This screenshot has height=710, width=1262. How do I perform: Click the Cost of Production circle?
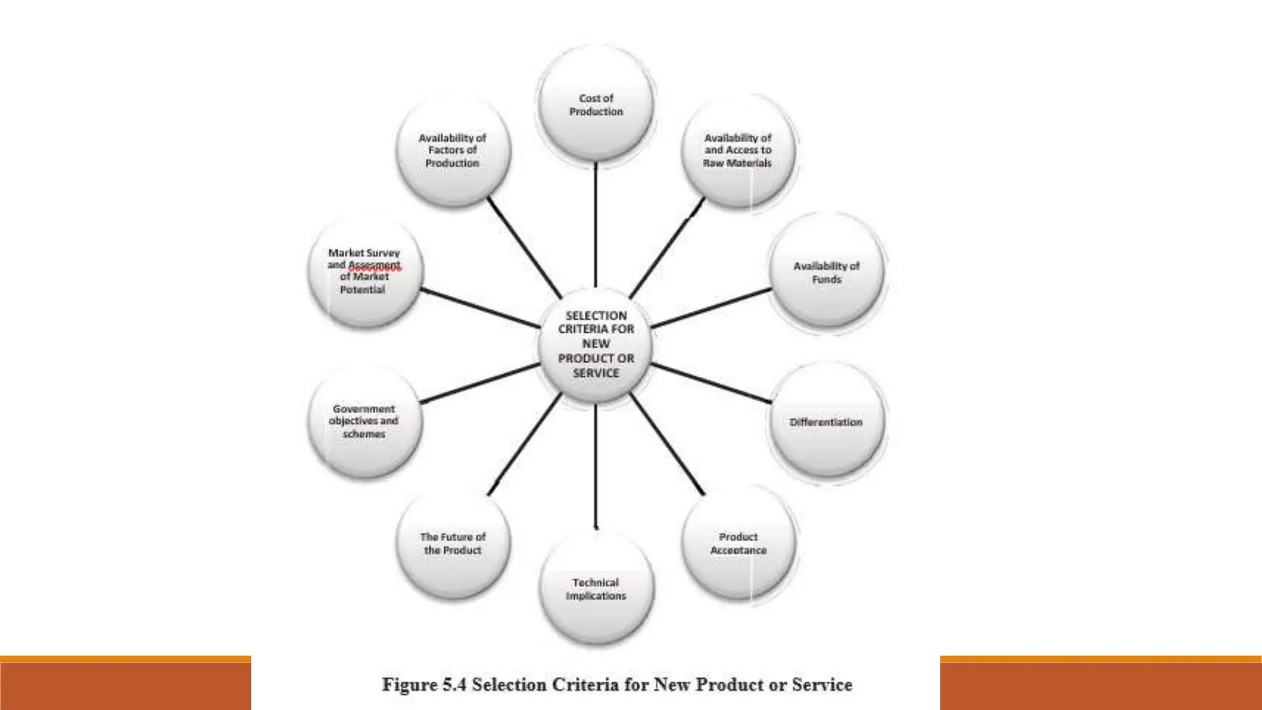596,105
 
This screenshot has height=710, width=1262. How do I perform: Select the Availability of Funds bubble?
826,272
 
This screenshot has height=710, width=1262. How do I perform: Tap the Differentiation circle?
826,422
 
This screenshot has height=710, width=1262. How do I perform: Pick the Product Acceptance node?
738,544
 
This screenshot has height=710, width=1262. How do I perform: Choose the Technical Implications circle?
596,589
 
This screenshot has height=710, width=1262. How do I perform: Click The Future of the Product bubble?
453,544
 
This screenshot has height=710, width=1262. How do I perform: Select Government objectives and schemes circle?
364,422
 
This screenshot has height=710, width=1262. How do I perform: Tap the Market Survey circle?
364,272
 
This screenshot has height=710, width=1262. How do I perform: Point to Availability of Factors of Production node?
453,150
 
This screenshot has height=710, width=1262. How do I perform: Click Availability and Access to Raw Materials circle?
738,150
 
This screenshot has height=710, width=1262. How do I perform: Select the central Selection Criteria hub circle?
596,344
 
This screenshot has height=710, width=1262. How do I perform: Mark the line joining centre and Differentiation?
711,383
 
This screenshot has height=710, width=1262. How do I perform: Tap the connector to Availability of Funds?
711,308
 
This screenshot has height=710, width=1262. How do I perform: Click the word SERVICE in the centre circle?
596,373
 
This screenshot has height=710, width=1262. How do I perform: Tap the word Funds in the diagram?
826,280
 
